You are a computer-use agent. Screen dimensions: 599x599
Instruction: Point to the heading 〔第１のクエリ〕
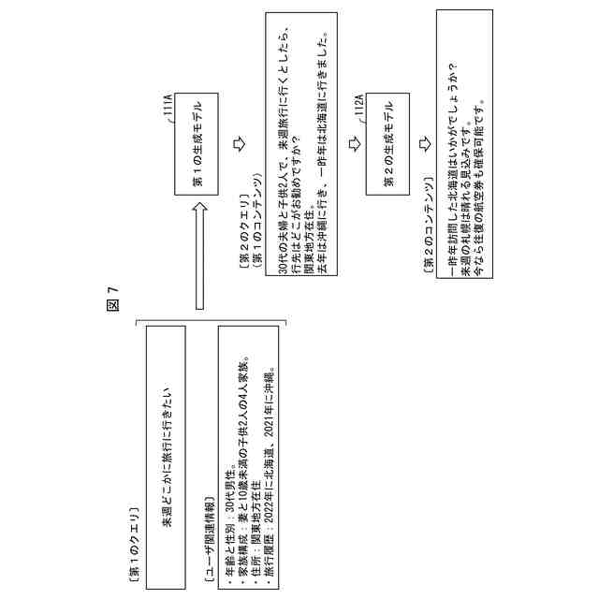coord(134,543)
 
